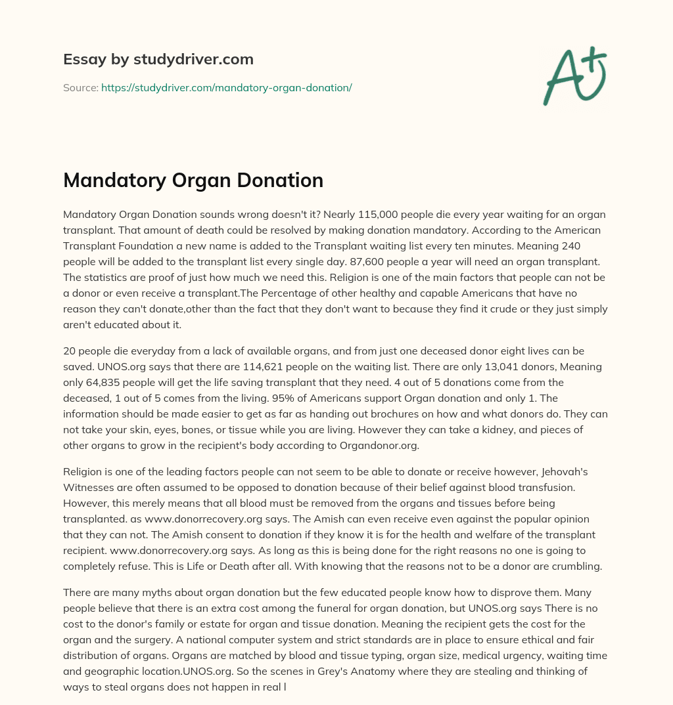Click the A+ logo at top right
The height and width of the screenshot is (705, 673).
pyautogui.click(x=574, y=75)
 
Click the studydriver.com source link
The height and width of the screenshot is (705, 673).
pyautogui.click(x=226, y=87)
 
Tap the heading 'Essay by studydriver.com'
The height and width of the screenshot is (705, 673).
pyautogui.click(x=158, y=59)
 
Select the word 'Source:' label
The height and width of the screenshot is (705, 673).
pyautogui.click(x=80, y=87)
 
